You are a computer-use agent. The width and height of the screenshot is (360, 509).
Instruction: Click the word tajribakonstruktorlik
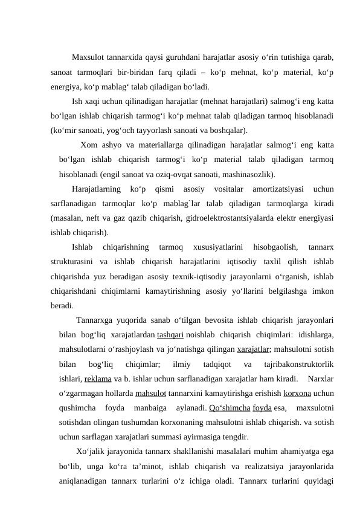coord(300,364)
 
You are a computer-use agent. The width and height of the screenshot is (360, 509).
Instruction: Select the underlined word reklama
coord(98,379)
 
